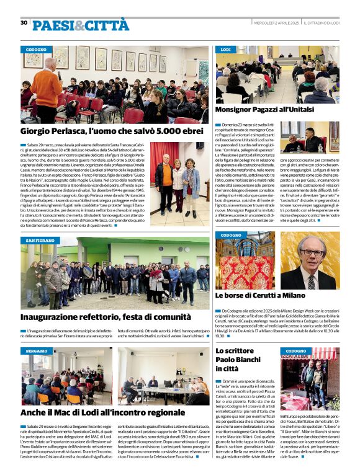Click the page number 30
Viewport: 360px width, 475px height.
point(24,22)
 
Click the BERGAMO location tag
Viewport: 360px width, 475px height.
point(38,351)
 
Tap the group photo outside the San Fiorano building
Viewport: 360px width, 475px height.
point(115,273)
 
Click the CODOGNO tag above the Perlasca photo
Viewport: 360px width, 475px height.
point(38,50)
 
